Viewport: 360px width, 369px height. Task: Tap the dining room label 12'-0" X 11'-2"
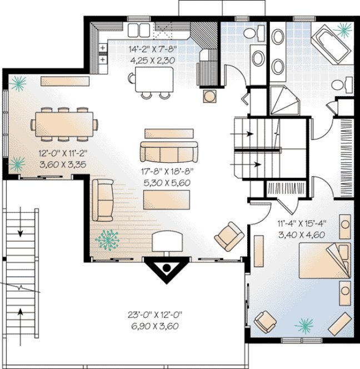pyautogui.click(x=55, y=152)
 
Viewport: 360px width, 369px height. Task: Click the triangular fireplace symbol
pyautogui.click(x=166, y=270)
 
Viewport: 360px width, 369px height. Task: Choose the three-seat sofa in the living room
pyautogui.click(x=168, y=151)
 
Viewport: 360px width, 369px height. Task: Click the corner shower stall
pyautogui.click(x=284, y=103)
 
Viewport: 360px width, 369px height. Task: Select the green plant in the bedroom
pyautogui.click(x=304, y=325)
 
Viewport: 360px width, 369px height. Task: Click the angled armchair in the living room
pyautogui.click(x=229, y=236)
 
